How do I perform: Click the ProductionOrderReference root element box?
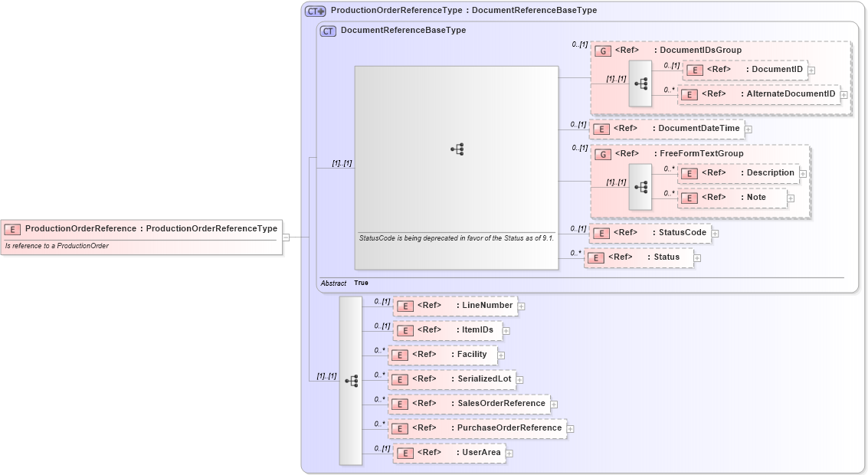(142, 228)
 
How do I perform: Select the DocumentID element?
(745, 70)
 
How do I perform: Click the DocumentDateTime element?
(667, 129)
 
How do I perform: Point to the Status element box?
(638, 257)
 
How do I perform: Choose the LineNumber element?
(454, 306)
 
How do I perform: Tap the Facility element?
(443, 355)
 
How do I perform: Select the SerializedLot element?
(451, 379)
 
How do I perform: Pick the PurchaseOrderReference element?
(477, 428)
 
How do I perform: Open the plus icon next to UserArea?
(509, 454)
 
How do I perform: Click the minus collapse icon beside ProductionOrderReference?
(286, 237)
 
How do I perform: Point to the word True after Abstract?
(361, 283)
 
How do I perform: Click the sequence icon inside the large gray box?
(457, 149)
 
